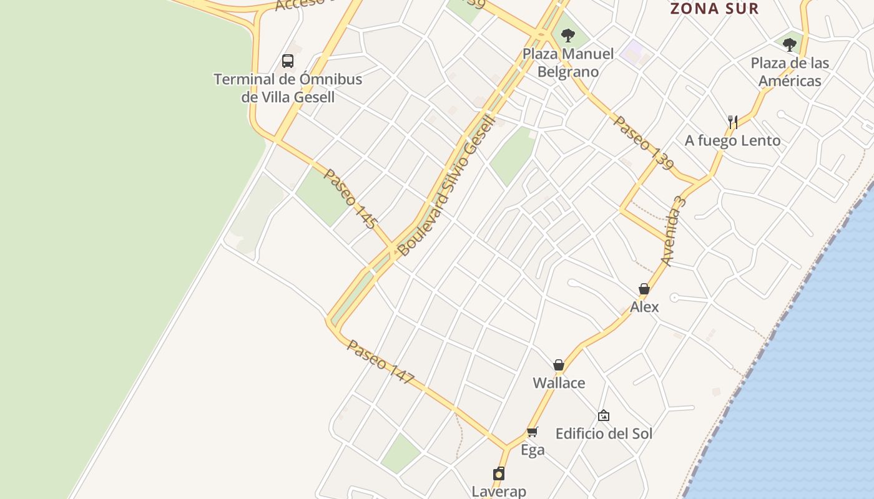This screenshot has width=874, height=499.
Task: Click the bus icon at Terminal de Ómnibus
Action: pos(288,61)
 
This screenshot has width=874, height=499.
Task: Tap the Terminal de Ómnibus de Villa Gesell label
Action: pos(288,88)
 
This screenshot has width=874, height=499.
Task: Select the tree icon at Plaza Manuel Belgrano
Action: pos(567,36)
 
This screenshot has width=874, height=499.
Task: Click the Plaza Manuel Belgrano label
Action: pos(568,62)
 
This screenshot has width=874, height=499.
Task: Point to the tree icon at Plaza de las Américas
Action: pos(790,45)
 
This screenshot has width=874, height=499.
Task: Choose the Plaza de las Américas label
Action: pos(790,72)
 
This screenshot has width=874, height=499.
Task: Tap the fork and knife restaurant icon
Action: pos(733,122)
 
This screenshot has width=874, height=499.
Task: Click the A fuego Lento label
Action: pos(732,140)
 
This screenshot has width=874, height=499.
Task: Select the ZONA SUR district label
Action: pos(714,9)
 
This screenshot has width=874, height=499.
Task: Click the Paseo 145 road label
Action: pos(350,198)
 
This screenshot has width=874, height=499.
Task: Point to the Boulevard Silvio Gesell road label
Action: pos(446,185)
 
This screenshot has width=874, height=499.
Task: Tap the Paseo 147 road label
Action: pos(381,362)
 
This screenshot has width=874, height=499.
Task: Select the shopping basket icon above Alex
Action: pos(644,289)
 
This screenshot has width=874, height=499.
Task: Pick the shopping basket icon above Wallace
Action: pos(559,365)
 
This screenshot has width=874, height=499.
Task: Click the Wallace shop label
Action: pos(559,383)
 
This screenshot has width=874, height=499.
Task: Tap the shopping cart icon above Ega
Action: pos(533,432)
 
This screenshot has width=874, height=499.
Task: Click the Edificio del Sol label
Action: pos(604,434)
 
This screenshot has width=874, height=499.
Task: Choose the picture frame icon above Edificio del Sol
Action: pos(604,415)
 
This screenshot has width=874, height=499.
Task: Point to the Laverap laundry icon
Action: pos(499,473)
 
